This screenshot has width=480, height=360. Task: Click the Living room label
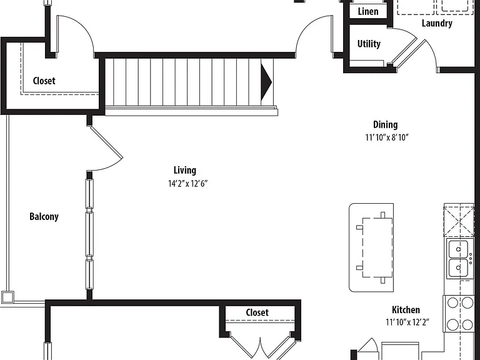(x=185, y=170)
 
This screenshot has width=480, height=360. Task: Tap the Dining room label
(x=386, y=124)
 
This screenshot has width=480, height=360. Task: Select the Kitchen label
(x=406, y=309)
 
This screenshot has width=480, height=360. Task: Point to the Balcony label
(x=44, y=216)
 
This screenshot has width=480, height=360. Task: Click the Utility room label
(x=369, y=44)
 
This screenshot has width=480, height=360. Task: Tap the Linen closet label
(x=368, y=11)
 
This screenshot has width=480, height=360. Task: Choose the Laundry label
(x=437, y=23)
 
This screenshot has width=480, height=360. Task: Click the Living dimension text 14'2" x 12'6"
(x=188, y=184)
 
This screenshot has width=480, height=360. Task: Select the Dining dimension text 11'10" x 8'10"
(x=387, y=137)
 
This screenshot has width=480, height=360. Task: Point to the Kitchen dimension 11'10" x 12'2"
(x=407, y=322)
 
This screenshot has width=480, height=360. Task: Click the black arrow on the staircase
(x=266, y=82)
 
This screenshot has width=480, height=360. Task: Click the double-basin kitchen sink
(x=458, y=259)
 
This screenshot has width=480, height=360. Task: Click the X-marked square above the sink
(x=459, y=221)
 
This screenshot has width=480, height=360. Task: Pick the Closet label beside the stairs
(x=44, y=81)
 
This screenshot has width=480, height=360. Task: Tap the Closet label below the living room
(x=257, y=312)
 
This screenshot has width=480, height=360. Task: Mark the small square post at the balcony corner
(x=7, y=297)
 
